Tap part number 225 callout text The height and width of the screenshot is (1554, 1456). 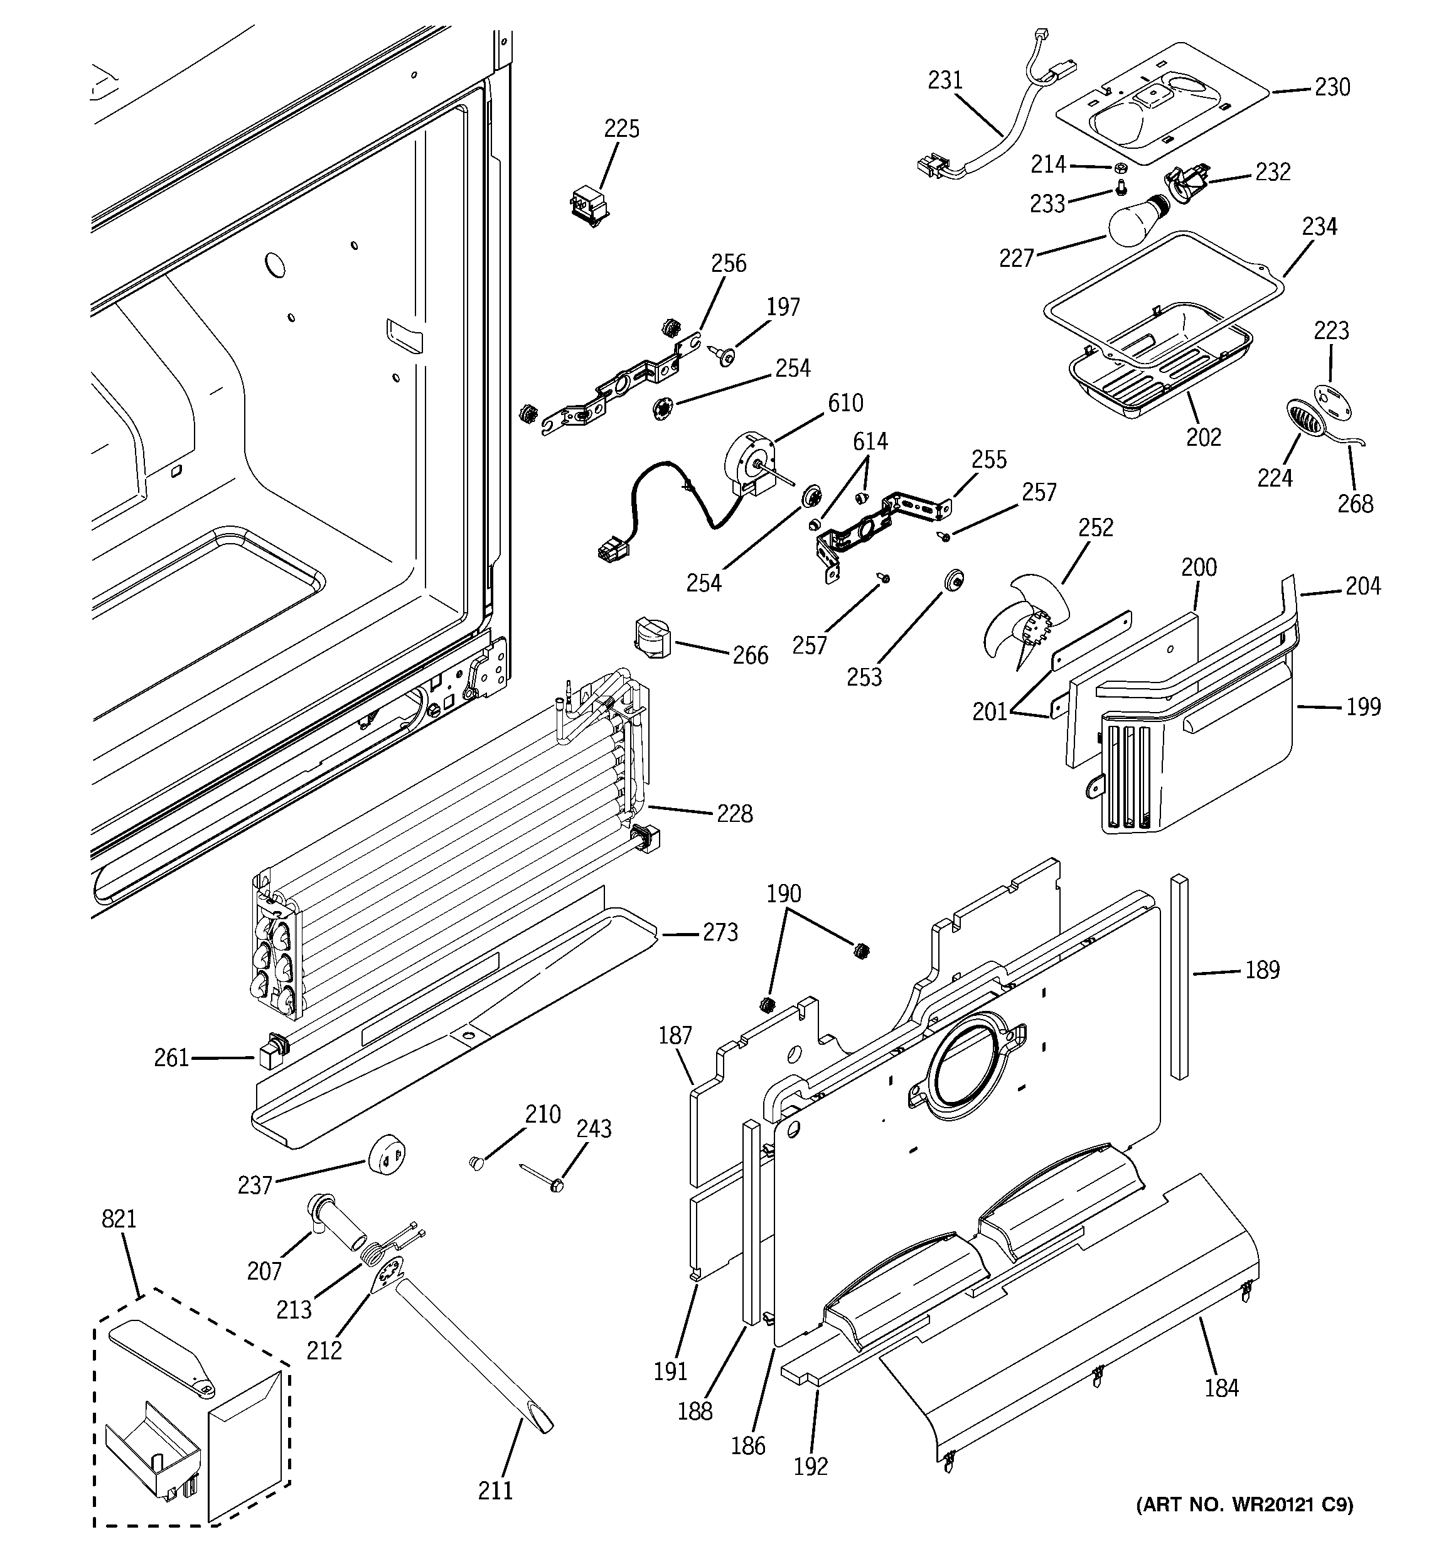pyautogui.click(x=621, y=129)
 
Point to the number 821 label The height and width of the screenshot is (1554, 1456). pyautogui.click(x=119, y=1219)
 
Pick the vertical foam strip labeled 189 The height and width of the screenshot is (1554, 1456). pyautogui.click(x=1179, y=976)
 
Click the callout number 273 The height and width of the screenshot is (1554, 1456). pyautogui.click(x=720, y=932)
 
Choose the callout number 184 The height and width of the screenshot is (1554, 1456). pyautogui.click(x=1221, y=1388)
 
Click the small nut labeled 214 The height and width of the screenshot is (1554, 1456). pyautogui.click(x=1119, y=167)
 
